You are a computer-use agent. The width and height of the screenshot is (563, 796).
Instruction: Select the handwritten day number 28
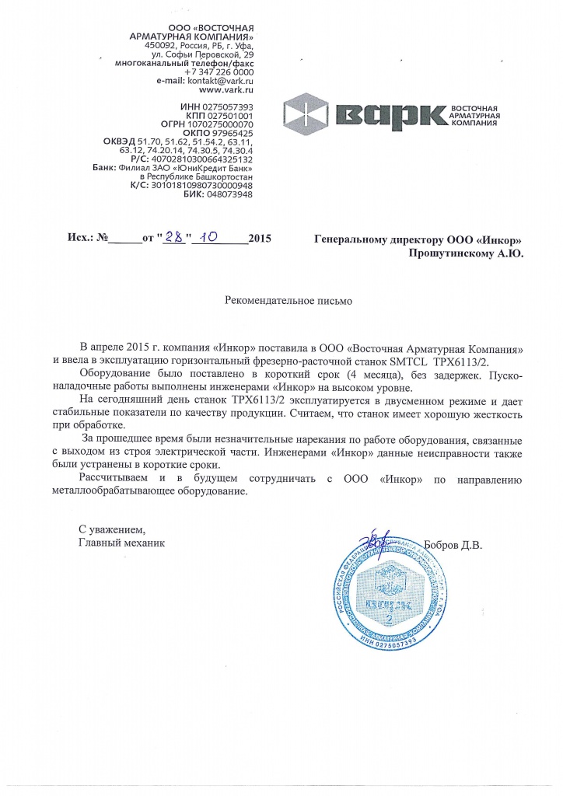click(174, 238)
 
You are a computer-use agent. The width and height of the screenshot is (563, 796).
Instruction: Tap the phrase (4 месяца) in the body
click(337, 375)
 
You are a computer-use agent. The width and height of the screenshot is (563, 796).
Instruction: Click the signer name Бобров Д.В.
click(455, 545)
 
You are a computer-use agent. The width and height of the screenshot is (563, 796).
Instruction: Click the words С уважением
click(112, 530)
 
